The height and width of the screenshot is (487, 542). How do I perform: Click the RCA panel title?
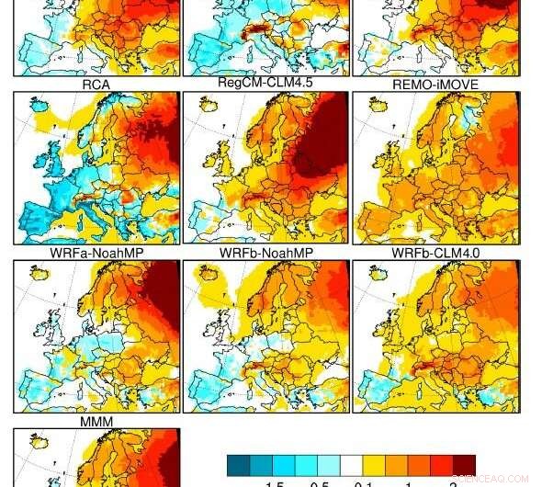click(96, 85)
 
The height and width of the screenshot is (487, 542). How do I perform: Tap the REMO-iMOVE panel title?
click(434, 85)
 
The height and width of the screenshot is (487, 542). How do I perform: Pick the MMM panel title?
click(96, 421)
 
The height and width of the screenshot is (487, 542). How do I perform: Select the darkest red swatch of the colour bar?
click(464, 465)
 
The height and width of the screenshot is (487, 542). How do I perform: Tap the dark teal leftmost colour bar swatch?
click(238, 465)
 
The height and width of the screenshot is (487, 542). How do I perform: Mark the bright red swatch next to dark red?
click(441, 465)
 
